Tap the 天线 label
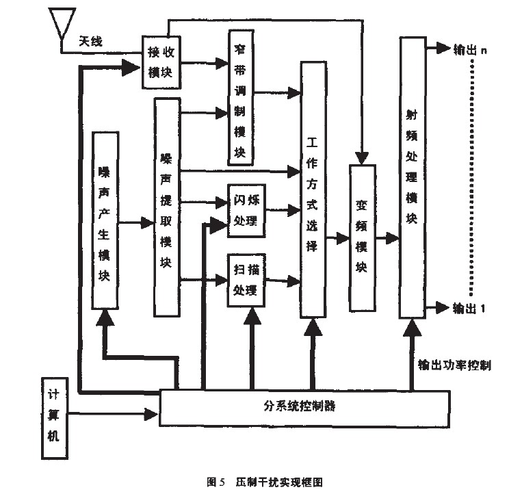coord(92,42)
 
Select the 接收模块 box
coord(163,62)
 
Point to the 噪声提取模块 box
coord(167,207)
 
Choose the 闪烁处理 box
coord(244,211)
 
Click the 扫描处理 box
coord(244,280)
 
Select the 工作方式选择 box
coord(313,190)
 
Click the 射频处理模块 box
coord(411,178)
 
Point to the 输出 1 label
coord(469,307)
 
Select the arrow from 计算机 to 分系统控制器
coord(114,413)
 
